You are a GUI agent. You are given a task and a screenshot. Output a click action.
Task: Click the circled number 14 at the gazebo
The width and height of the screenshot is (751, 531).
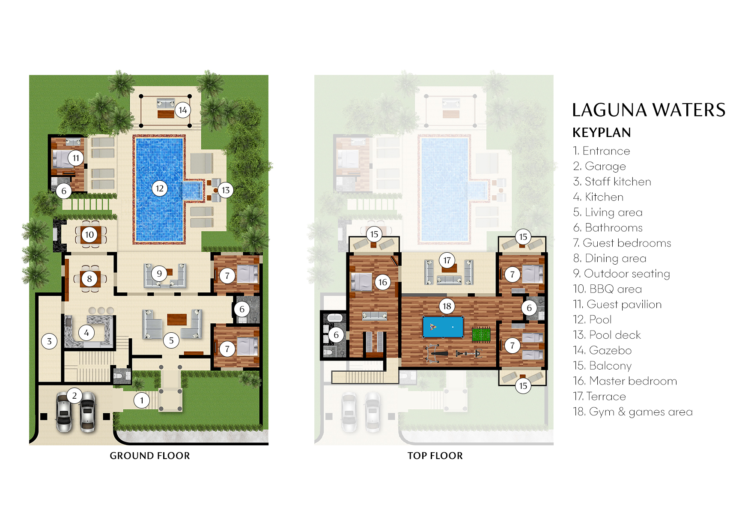click(183, 110)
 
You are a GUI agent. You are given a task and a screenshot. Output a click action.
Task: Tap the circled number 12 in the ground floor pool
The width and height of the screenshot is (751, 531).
click(160, 188)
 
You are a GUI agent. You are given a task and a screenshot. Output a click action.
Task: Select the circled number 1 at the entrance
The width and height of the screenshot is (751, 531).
click(142, 401)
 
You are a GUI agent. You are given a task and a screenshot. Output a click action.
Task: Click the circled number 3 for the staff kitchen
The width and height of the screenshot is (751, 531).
click(49, 341)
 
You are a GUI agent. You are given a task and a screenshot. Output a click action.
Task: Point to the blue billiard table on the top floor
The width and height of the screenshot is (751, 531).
click(443, 327)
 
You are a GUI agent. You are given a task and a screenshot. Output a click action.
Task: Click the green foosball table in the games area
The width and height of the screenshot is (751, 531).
click(481, 334)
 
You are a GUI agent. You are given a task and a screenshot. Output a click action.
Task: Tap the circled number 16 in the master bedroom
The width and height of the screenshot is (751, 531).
click(382, 282)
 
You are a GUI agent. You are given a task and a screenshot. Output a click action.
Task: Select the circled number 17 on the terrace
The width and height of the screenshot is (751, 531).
click(447, 260)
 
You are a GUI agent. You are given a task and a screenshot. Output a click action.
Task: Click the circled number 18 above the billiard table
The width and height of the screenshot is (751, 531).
click(447, 306)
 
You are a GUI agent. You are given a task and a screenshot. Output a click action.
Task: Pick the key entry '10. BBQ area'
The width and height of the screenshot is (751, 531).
click(607, 289)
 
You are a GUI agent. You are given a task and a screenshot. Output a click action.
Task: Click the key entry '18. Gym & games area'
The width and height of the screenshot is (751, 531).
click(632, 412)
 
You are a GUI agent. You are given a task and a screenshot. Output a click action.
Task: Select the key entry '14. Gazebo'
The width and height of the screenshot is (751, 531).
click(602, 350)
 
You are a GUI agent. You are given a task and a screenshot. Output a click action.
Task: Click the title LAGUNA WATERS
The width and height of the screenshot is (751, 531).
click(648, 110)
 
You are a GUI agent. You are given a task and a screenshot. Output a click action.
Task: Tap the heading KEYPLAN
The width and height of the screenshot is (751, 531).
click(602, 133)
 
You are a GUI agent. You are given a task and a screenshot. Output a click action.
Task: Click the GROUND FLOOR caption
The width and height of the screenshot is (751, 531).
click(149, 456)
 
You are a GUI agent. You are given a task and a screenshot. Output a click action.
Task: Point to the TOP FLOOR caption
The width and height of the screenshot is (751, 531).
click(435, 456)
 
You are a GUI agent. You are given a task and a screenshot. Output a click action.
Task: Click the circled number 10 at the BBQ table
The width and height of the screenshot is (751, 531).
click(89, 235)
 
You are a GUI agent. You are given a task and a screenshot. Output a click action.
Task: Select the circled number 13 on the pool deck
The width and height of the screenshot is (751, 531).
click(226, 190)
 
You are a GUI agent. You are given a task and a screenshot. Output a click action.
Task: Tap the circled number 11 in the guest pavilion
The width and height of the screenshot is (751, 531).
click(76, 158)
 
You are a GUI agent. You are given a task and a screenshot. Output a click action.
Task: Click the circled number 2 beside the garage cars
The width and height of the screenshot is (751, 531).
click(75, 395)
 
